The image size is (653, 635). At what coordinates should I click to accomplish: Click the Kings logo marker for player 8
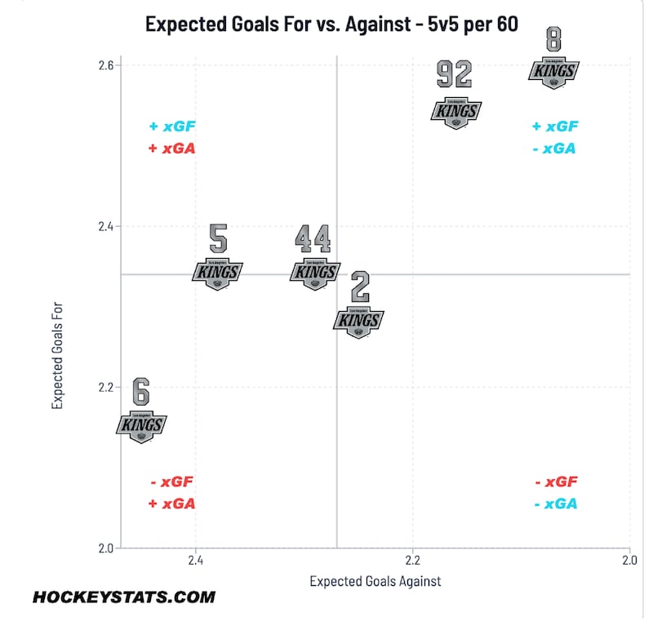coord(555,71)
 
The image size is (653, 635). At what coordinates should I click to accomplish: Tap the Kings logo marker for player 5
coord(218,272)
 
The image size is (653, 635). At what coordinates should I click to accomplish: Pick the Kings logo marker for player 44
coord(314,272)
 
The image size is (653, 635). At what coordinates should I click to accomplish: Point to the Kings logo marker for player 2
coord(358,321)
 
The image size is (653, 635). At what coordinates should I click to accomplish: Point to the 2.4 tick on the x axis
coord(195,561)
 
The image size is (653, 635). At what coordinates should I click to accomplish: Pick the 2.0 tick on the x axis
coord(629,561)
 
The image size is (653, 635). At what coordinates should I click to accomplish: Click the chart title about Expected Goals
coord(331,24)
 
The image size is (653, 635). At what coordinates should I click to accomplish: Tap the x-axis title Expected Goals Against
coord(375,581)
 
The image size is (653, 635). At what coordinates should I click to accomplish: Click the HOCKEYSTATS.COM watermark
coord(124,597)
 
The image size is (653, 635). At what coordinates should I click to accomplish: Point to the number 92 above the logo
coord(455,75)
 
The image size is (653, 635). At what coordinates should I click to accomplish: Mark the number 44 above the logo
coord(313,239)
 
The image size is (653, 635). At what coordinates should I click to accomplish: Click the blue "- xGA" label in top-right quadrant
coord(555,149)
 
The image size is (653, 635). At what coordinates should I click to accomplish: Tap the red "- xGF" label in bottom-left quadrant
coord(172,482)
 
